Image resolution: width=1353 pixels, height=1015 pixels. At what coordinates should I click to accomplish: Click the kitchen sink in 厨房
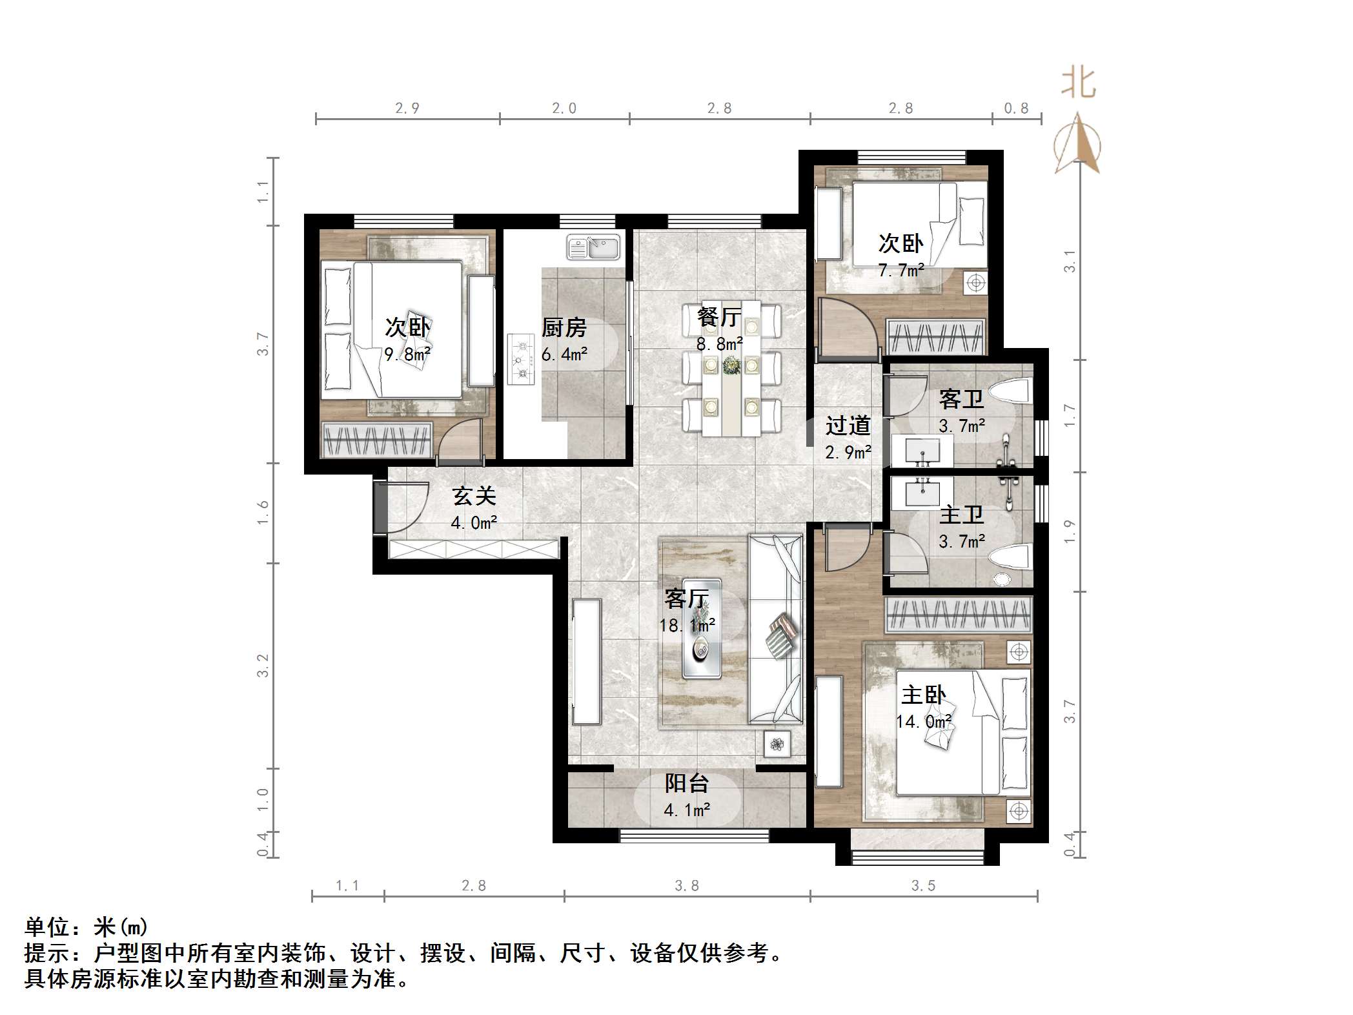coord(593,247)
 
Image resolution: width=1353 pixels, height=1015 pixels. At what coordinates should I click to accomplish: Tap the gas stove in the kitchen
coord(521,360)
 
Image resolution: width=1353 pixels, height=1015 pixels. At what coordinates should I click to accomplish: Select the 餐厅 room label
coord(719,317)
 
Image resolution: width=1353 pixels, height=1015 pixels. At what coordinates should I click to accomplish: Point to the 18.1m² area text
coord(687,625)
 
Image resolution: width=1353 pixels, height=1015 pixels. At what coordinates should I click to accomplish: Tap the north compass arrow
coord(1077,144)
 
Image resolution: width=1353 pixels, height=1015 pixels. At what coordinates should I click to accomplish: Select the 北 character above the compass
coord(1079,84)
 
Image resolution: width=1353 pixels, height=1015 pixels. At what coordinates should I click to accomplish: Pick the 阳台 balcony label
coord(687,783)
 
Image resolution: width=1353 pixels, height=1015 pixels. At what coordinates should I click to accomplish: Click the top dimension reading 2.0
coord(564,108)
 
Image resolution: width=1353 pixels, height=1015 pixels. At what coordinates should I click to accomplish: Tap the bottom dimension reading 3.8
coord(687,885)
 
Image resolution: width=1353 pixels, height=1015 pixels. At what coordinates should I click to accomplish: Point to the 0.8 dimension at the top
coord(1016,108)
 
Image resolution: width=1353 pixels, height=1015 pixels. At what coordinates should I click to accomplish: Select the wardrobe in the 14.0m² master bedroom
coord(959,614)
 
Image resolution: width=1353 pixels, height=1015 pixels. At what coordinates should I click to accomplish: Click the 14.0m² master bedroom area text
coord(924,721)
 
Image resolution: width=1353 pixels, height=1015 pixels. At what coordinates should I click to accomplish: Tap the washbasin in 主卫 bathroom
coord(922,494)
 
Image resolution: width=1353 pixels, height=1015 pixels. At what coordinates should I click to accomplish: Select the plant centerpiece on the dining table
coord(731,365)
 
